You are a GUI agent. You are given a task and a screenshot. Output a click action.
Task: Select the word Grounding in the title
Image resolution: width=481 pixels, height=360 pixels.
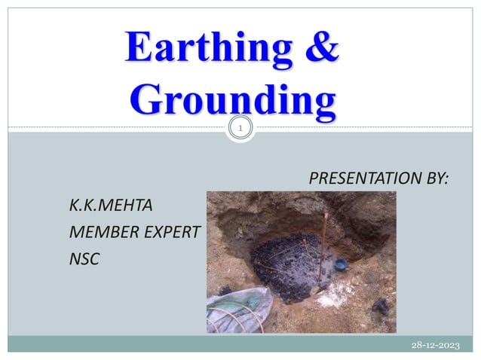231,101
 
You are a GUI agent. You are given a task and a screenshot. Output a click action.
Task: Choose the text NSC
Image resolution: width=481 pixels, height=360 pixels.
84,258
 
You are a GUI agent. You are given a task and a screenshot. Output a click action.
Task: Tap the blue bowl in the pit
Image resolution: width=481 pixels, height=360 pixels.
340,264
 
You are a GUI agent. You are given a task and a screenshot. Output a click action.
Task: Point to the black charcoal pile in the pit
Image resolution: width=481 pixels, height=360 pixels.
286,264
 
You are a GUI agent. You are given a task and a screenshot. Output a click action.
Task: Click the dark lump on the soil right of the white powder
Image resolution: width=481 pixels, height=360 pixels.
381,305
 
